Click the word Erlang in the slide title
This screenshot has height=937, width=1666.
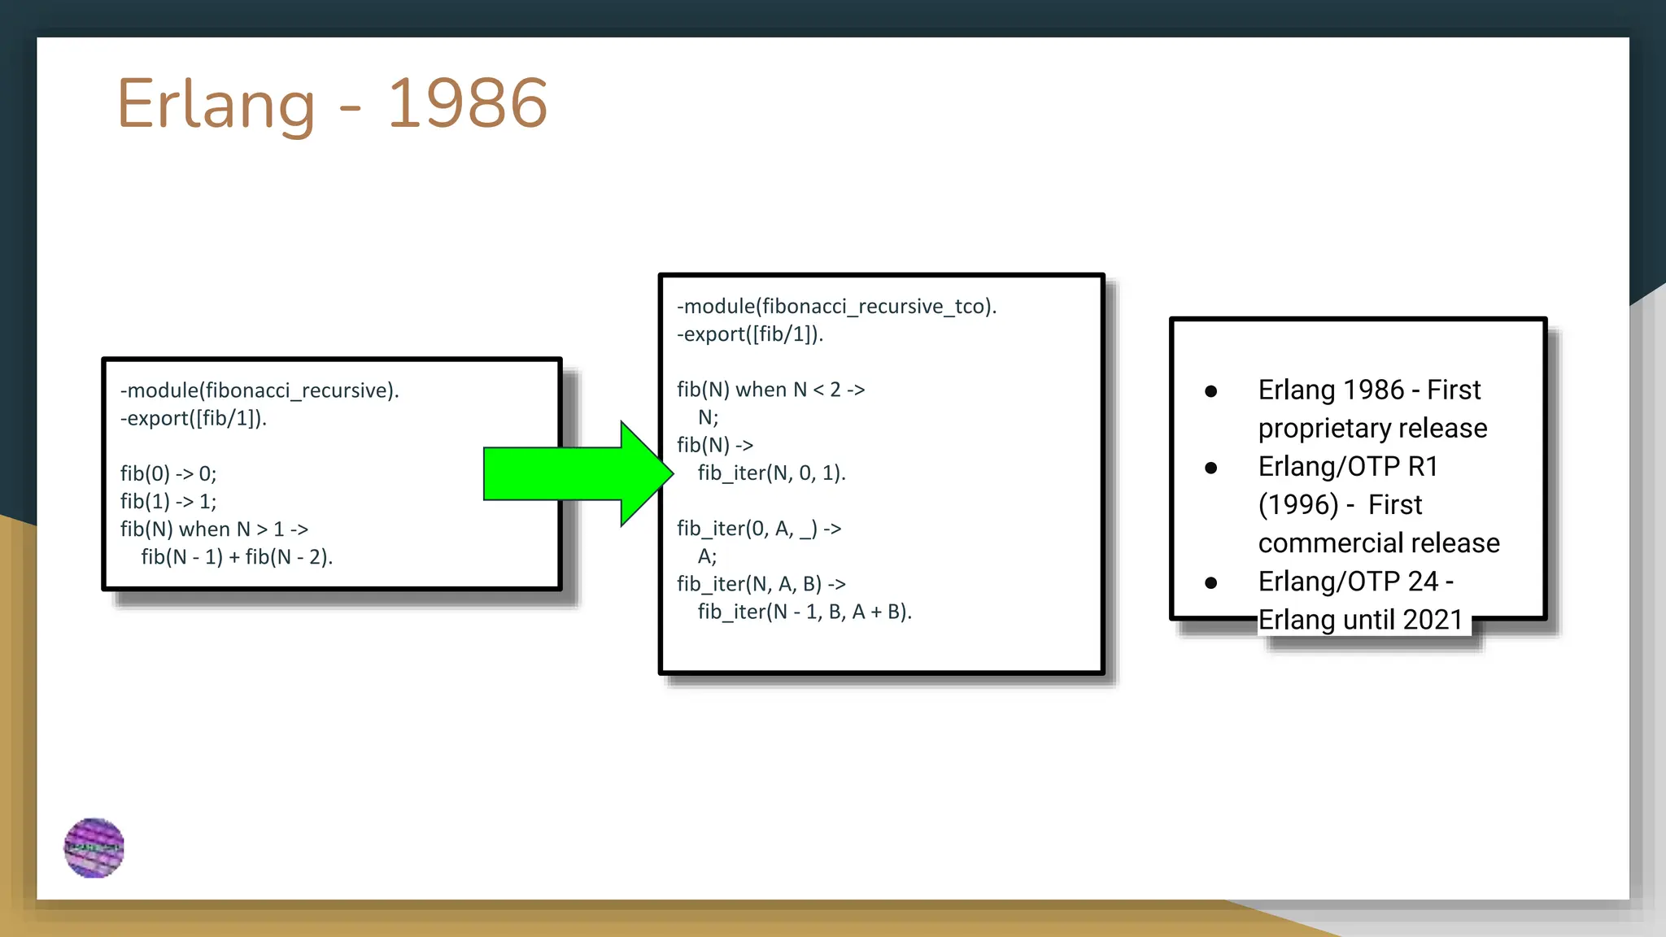[x=216, y=104]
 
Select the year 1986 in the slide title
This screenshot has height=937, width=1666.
[x=467, y=104]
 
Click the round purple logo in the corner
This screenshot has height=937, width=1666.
[x=94, y=848]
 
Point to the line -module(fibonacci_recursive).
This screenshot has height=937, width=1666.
[x=259, y=390]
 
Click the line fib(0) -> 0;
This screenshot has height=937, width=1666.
[x=168, y=473]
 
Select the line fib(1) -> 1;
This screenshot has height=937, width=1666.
[x=168, y=501]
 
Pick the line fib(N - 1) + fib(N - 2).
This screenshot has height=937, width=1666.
[x=237, y=557]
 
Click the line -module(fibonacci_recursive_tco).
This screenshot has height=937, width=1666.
[x=836, y=307]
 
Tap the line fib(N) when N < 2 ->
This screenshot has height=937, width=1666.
[x=770, y=390]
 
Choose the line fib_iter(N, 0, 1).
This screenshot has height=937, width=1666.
[x=771, y=473]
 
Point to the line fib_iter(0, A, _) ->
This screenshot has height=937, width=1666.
[x=759, y=529]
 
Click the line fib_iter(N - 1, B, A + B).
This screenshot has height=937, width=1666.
[x=805, y=612]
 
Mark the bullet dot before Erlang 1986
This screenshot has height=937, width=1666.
[x=1210, y=391]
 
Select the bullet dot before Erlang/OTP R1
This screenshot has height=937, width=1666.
[x=1210, y=468]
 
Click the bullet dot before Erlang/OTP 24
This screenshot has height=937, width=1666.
[x=1210, y=582]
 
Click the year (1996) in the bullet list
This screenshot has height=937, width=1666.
[x=1298, y=505]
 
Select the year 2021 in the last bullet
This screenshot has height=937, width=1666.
[x=1433, y=621]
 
